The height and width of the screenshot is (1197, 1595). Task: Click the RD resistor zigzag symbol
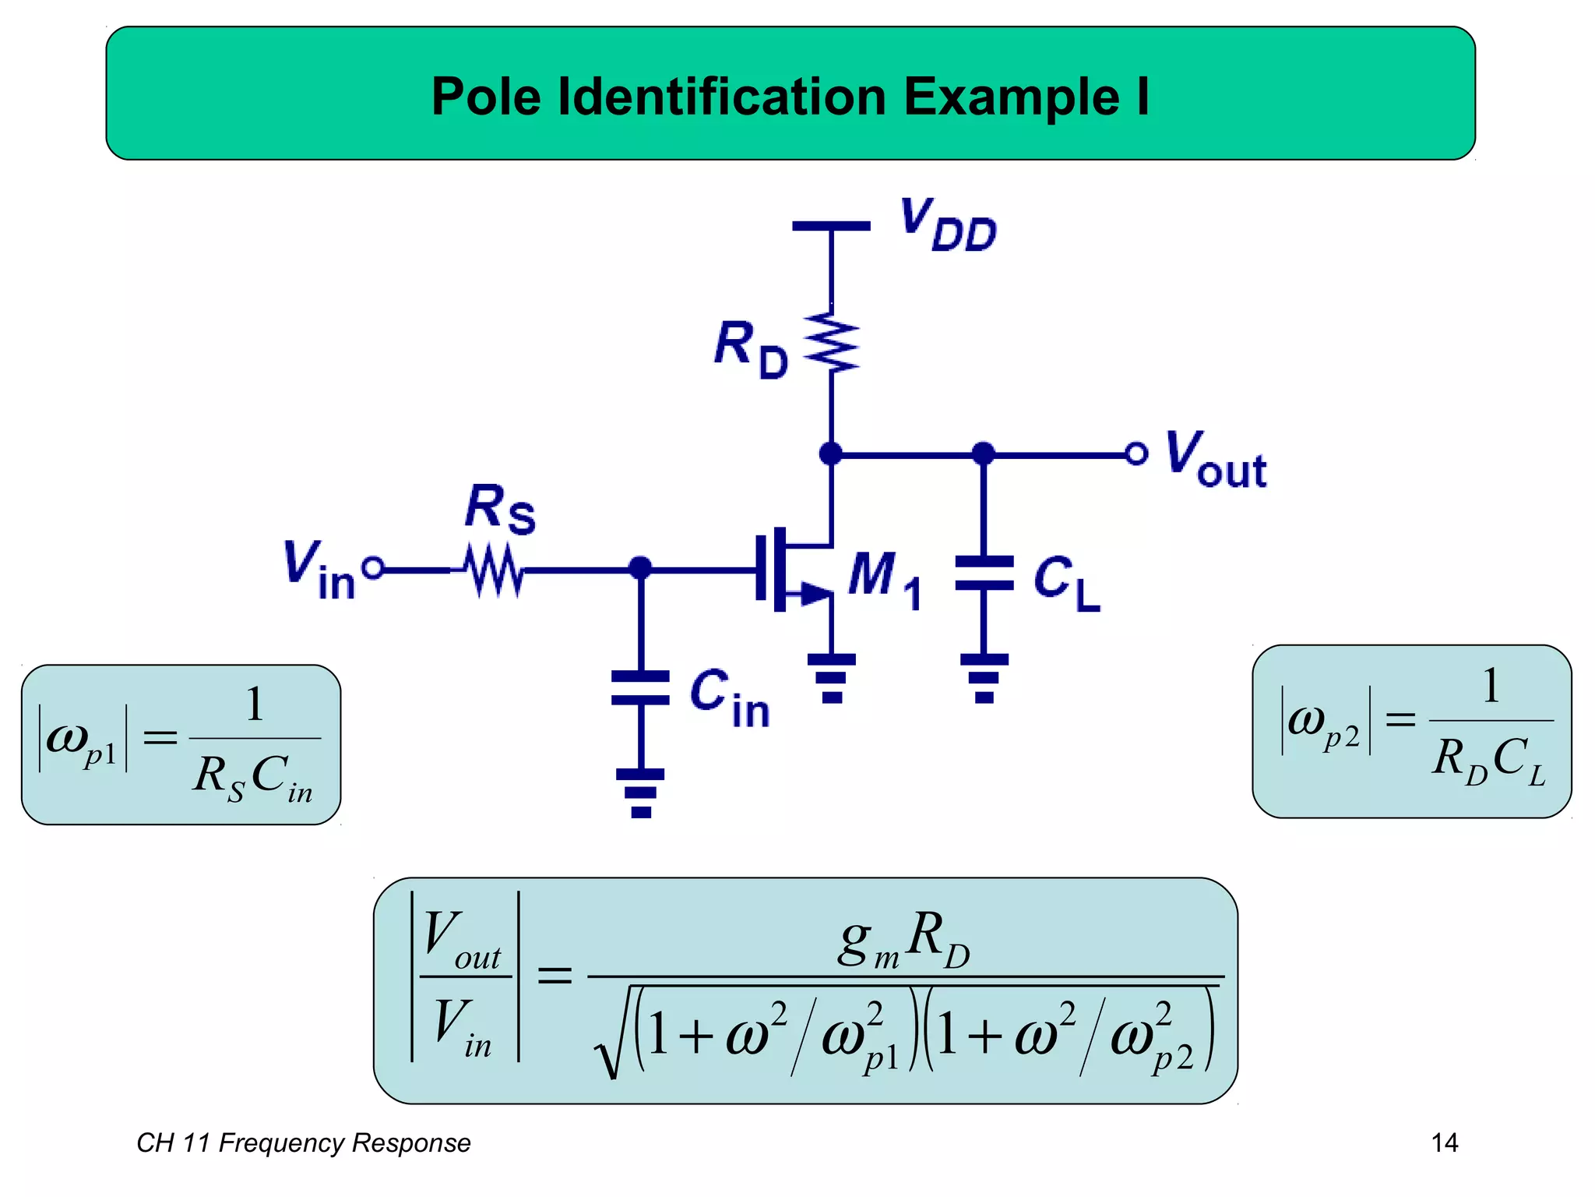click(832, 342)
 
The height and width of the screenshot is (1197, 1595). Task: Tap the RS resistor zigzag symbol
click(494, 570)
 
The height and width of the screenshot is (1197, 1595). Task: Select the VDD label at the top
click(949, 225)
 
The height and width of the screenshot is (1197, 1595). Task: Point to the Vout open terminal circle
click(1136, 454)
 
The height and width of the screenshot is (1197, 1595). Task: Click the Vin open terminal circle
click(374, 568)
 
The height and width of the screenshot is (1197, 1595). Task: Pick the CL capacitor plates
click(984, 573)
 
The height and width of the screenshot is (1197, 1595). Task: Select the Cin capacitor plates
click(640, 687)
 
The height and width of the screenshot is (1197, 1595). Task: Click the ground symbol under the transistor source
click(832, 678)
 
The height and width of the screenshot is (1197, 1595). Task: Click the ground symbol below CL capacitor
click(984, 678)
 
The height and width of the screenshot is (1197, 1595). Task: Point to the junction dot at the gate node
click(640, 568)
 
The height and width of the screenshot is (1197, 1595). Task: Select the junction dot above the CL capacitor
click(984, 454)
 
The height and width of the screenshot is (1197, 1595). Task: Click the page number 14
click(1445, 1142)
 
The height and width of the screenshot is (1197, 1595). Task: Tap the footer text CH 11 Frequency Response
click(304, 1142)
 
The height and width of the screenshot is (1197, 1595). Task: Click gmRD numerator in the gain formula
click(903, 941)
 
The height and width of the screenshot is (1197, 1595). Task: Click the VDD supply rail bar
click(831, 226)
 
